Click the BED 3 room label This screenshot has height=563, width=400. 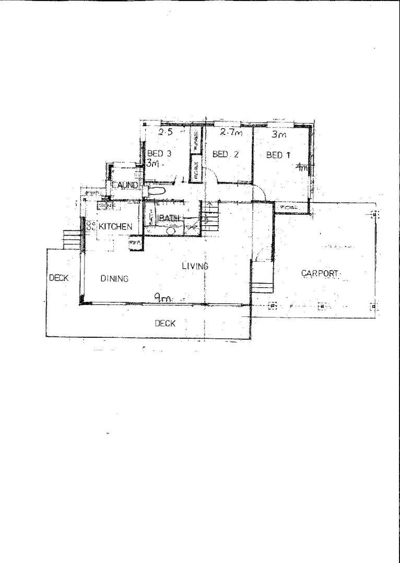[x=159, y=154]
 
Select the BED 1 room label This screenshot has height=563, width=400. [x=278, y=155]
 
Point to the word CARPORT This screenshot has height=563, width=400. [x=321, y=273]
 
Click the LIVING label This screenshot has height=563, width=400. [x=195, y=266]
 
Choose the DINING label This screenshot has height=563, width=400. [x=114, y=278]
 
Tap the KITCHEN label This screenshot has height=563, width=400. [x=115, y=227]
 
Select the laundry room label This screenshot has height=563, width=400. [x=125, y=185]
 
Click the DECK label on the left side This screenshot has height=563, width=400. [x=58, y=278]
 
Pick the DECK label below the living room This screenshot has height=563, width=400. [x=165, y=323]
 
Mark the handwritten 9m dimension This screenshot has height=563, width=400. [x=162, y=298]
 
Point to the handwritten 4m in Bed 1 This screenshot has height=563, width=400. [x=301, y=168]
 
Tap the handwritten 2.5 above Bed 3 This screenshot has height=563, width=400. [x=166, y=132]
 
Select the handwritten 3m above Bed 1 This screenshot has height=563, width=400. [x=279, y=134]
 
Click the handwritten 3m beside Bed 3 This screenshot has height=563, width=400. [x=155, y=163]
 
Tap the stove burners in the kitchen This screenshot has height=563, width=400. [x=90, y=226]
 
